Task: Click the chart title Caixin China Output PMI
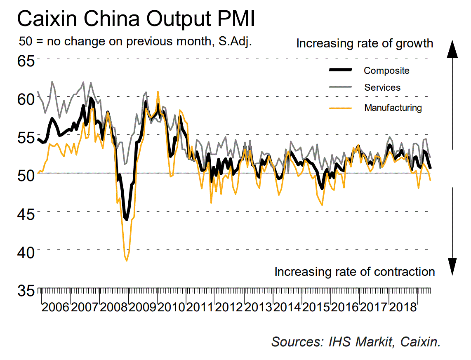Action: tap(136, 19)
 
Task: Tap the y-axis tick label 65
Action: tap(26, 61)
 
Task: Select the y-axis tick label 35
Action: tap(26, 290)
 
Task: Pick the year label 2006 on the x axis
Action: tap(56, 308)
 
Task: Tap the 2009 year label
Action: tap(142, 308)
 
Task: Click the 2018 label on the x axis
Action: tap(402, 308)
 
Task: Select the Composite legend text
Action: tap(386, 71)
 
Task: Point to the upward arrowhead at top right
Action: tap(453, 48)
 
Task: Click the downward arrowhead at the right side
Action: tap(453, 266)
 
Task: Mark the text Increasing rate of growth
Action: tap(365, 43)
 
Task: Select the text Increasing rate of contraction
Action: tap(355, 272)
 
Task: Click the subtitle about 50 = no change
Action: tap(136, 42)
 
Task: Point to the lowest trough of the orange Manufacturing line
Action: tap(127, 261)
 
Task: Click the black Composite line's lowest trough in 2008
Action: tap(126, 219)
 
